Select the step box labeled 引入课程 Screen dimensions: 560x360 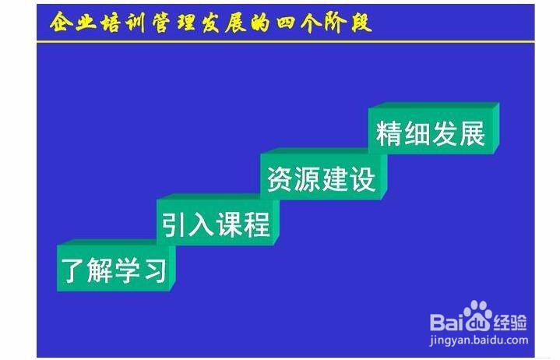(218, 221)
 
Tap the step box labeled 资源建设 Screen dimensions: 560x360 (324, 175)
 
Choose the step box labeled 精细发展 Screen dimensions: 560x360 (434, 129)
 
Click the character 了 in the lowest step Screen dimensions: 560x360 (72, 270)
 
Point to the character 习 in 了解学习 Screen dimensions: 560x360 (156, 270)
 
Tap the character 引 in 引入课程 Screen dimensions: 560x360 (174, 224)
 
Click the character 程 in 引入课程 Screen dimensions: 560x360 (256, 224)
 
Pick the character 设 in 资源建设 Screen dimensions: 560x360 (363, 179)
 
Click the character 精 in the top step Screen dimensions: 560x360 (389, 133)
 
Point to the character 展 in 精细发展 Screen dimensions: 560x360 (472, 133)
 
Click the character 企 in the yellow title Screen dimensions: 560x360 (60, 22)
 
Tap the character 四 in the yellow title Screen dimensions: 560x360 (287, 23)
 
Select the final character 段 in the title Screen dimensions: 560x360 (361, 23)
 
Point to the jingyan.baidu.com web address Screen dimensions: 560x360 (478, 340)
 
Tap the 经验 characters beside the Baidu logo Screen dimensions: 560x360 (510, 323)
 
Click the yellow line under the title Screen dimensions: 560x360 (286, 42)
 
